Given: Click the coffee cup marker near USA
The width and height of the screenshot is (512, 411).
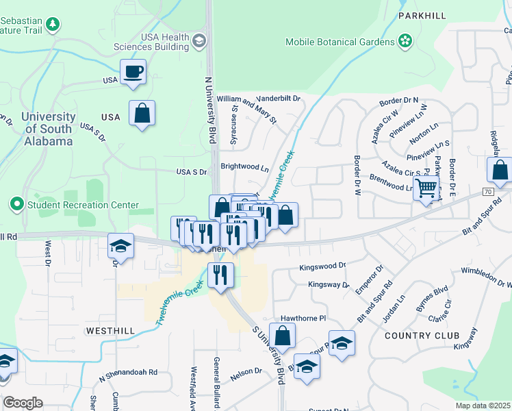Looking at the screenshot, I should coord(133,71).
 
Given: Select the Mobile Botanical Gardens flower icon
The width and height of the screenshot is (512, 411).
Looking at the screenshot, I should coord(405,41).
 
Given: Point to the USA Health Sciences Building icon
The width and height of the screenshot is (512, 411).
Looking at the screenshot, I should coord(199,41).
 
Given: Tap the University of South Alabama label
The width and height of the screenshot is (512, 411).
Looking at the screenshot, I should coord(47,129).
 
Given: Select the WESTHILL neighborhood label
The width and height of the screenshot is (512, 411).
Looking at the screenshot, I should coord(108,330).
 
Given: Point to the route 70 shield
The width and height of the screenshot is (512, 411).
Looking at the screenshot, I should coord(487,191).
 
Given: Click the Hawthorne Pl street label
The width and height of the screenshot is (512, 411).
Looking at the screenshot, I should coord(303,319).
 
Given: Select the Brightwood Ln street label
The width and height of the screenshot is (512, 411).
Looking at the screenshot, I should coord(244,166).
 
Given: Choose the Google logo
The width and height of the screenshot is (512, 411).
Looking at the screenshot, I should coord(23,403).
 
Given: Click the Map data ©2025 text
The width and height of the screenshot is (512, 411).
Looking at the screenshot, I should coord(483,405).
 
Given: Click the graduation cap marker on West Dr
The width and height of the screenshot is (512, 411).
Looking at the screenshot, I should coord(120,246).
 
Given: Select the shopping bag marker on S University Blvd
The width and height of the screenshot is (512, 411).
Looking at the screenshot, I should coord(282,337).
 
